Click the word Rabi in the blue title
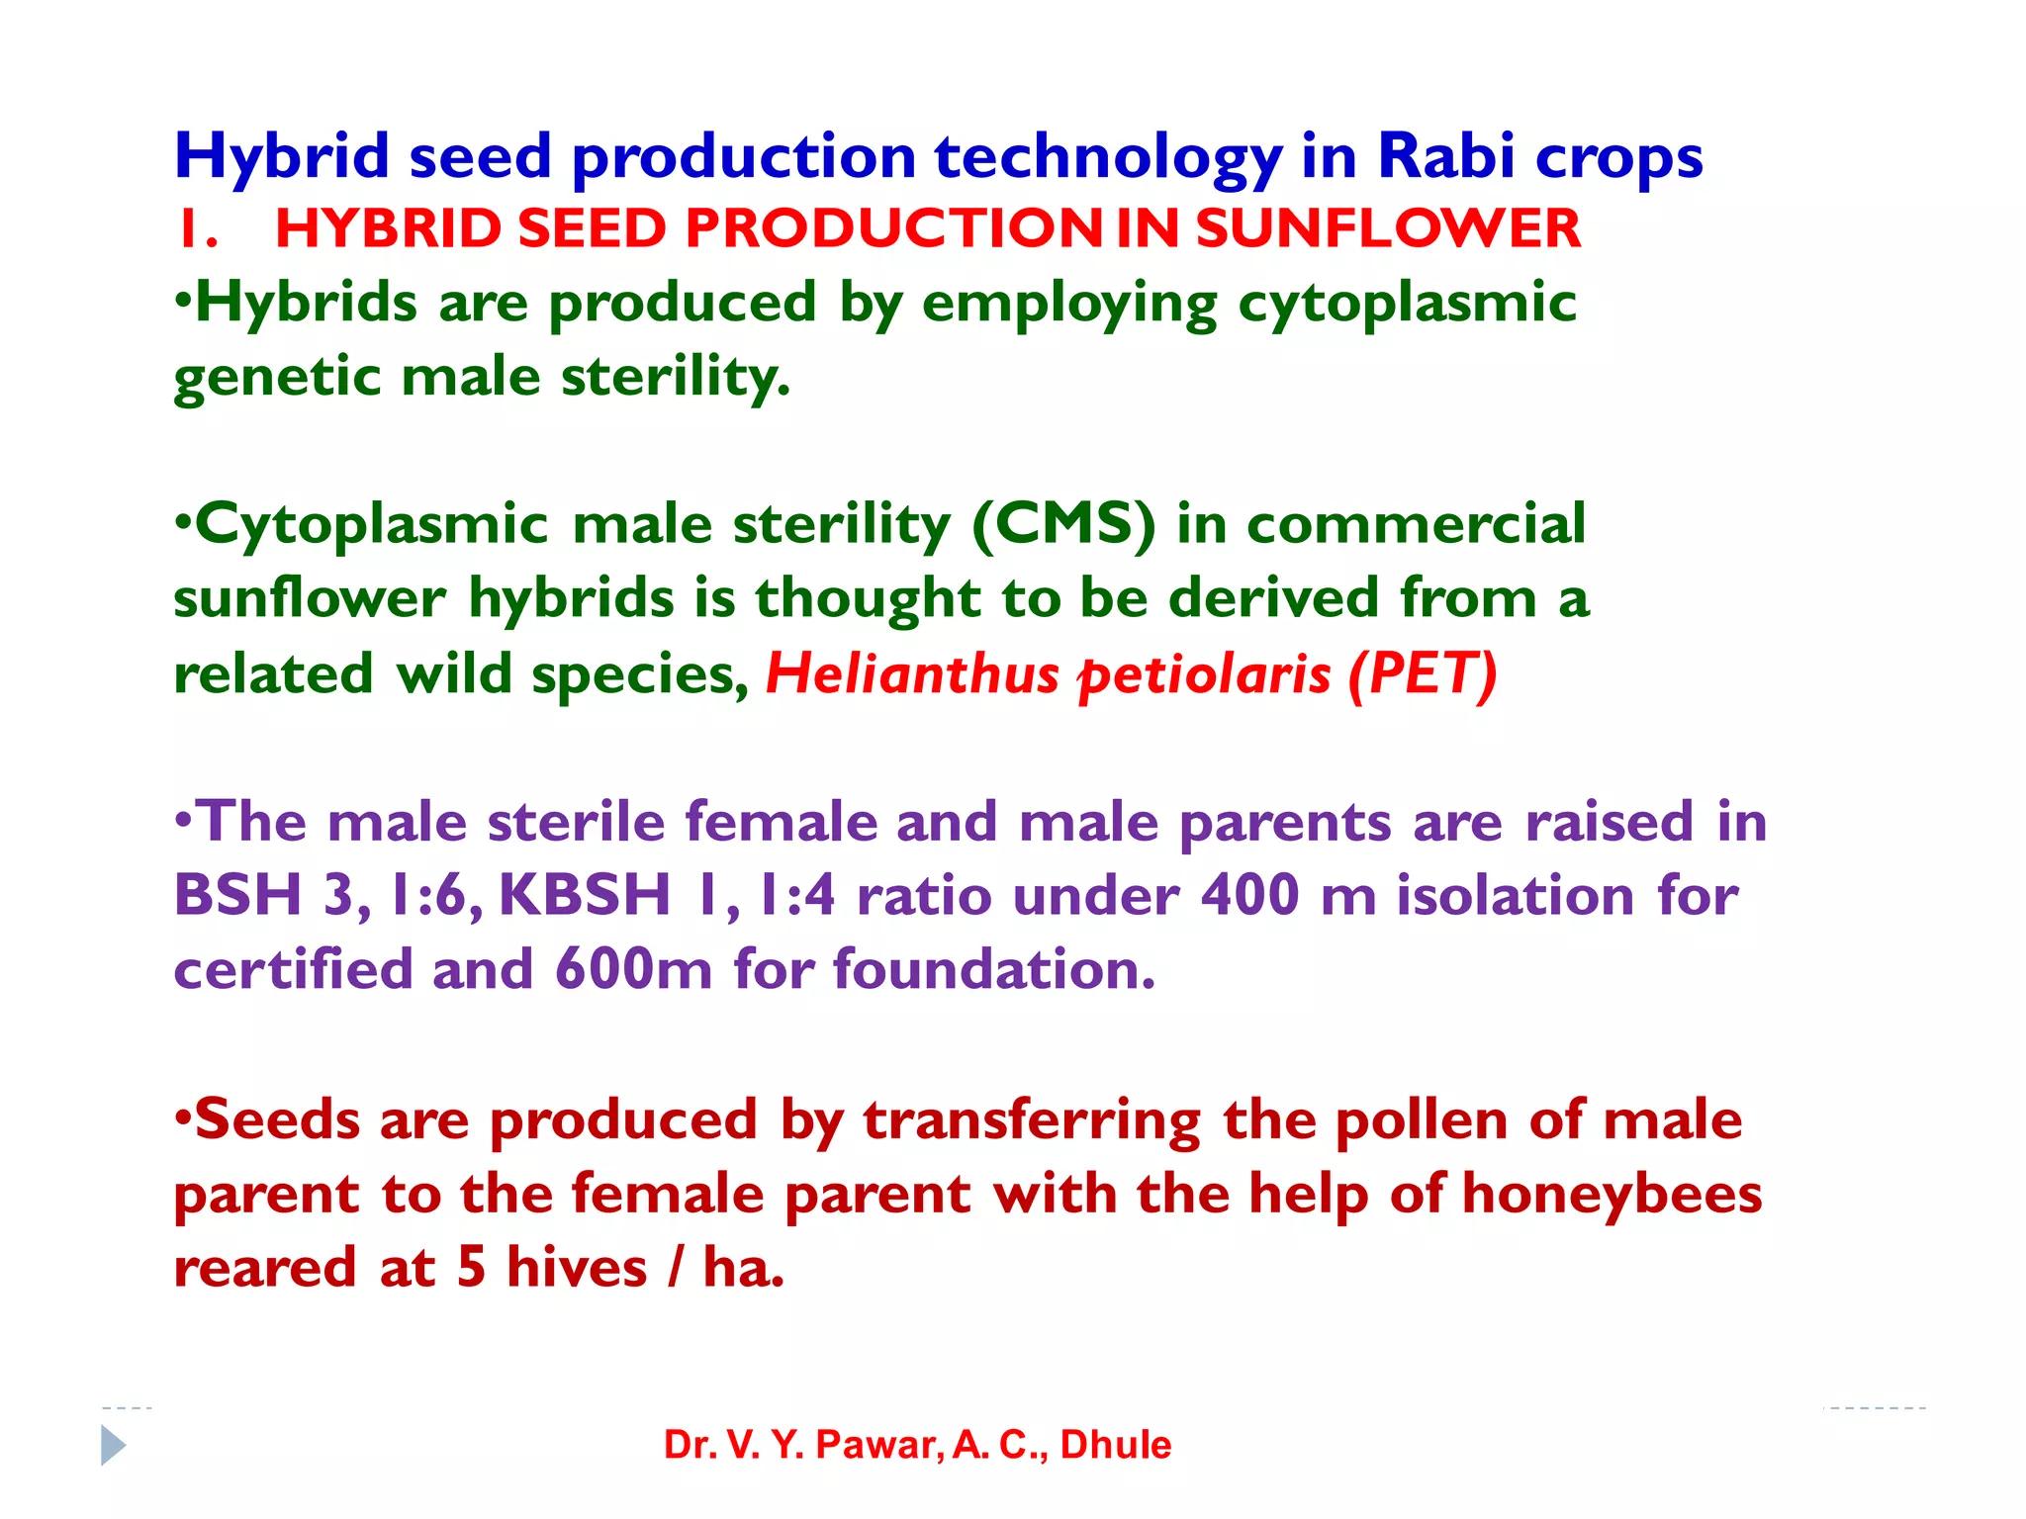[1445, 156]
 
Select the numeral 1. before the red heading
[197, 229]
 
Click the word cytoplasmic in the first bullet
[1407, 303]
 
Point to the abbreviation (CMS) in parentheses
[1063, 524]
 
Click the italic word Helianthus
[912, 674]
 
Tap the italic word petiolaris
[1204, 674]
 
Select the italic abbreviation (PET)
[1423, 674]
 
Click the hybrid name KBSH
[585, 895]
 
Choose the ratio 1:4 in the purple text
[796, 895]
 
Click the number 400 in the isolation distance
[1249, 895]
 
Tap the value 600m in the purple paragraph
[633, 969]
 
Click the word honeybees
[1612, 1194]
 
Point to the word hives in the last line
[576, 1268]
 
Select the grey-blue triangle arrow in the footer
[113, 1445]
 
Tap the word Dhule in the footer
[1115, 1445]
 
